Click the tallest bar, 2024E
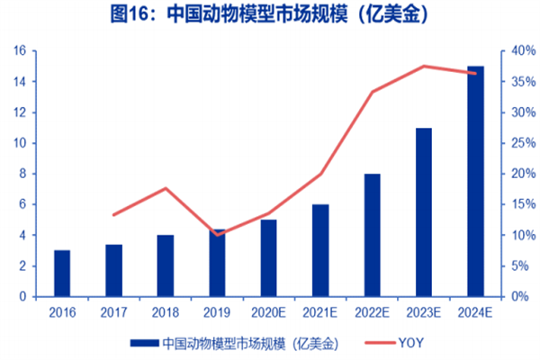(475, 181)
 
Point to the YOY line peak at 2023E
(424, 66)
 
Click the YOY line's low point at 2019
(217, 234)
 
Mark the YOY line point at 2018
(165, 188)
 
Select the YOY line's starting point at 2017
(113, 215)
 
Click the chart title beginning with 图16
(269, 16)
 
